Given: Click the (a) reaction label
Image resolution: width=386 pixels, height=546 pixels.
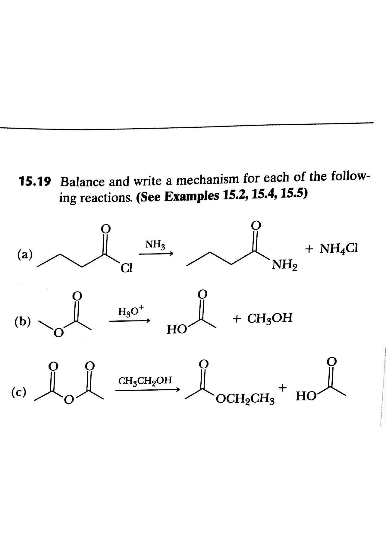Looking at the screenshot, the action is tap(25, 254).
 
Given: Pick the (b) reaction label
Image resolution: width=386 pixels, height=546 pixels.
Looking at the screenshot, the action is tap(23, 322).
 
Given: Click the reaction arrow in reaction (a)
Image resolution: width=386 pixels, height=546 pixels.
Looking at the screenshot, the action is tap(156, 254).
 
